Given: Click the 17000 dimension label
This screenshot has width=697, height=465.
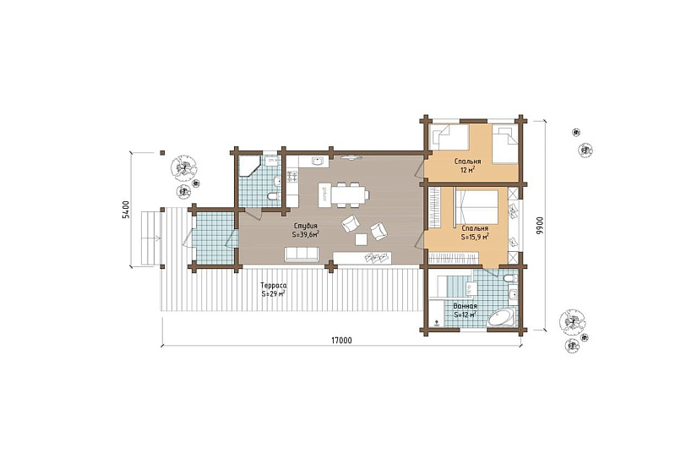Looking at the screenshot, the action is (341, 341).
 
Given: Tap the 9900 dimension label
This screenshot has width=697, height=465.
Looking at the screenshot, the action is (539, 226).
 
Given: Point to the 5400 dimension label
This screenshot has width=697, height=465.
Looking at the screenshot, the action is (126, 210).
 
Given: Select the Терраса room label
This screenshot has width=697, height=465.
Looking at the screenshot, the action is (274, 286).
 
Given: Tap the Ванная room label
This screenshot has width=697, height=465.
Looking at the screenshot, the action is (465, 306).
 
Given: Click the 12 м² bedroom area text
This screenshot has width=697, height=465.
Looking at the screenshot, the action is (468, 170).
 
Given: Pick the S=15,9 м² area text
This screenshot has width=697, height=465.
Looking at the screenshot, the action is (475, 237).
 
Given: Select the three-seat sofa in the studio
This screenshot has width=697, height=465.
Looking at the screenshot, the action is (302, 254).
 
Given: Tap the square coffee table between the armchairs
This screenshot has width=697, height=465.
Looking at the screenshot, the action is (361, 239).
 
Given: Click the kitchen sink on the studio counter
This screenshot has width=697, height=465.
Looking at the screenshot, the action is (318, 160).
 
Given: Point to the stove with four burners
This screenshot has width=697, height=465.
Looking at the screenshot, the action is (292, 177).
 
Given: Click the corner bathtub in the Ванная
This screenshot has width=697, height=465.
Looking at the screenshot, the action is (502, 318).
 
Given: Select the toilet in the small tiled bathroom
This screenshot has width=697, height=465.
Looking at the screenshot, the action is (274, 196).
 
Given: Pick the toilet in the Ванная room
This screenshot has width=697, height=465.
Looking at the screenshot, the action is (511, 278).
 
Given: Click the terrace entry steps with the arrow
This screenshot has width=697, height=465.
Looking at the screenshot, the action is (150, 239).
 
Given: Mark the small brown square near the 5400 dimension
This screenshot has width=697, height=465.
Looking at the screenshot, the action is (163, 153).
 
